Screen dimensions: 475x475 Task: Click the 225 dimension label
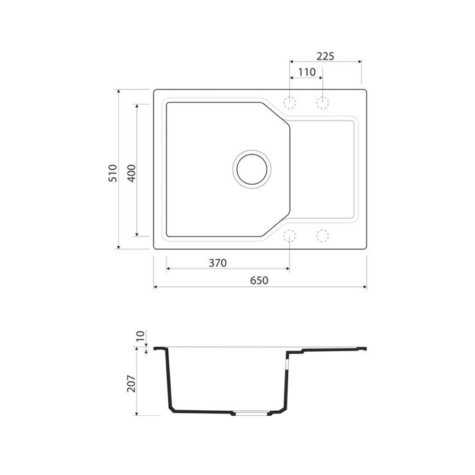pos(325,56)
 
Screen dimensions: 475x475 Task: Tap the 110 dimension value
pos(307,73)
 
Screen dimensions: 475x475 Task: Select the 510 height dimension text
pos(112,173)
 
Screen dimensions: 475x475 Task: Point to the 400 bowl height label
pos(132,173)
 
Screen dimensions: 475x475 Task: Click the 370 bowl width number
pos(218,263)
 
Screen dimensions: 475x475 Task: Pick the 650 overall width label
pos(259,281)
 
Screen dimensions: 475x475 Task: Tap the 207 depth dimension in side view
pos(132,384)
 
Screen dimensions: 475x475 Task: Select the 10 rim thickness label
pos(141,336)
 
